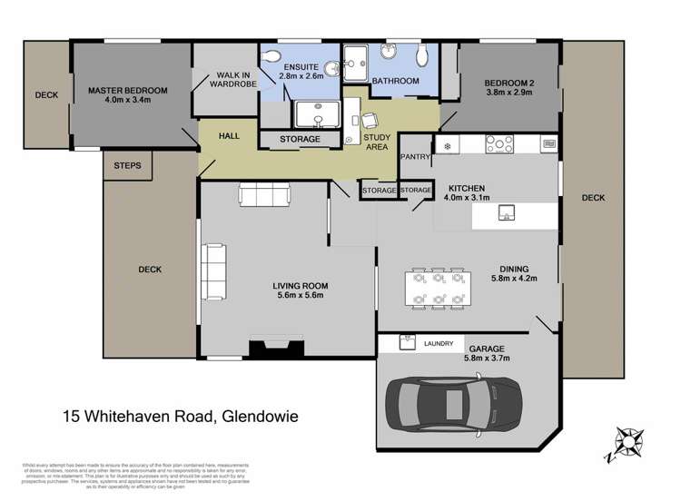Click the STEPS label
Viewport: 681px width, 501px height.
coord(127,166)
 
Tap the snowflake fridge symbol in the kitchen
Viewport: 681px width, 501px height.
coord(447,144)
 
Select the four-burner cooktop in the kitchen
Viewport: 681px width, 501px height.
coord(499,143)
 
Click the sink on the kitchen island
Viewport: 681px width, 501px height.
coord(508,214)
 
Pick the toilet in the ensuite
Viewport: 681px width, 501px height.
coord(270,58)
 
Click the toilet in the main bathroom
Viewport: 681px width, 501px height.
coord(420,56)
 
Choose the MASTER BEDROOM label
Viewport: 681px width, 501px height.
coord(128,91)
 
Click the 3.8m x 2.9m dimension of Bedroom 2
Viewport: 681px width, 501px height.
coord(508,93)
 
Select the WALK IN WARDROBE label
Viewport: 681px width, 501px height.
coord(227,81)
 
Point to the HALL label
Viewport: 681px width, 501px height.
coord(229,135)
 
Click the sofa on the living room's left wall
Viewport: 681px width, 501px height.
coord(213,273)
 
